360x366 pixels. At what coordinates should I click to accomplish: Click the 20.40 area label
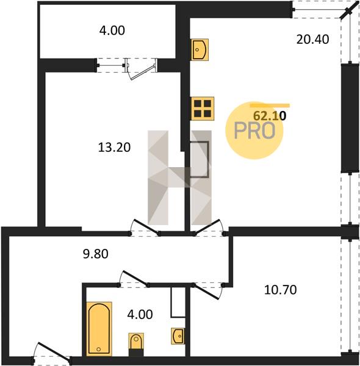312,39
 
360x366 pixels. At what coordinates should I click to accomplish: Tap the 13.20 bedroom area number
114,148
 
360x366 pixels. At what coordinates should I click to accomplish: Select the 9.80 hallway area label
95,254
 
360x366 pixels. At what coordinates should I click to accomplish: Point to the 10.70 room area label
281,290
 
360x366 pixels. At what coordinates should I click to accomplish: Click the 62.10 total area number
270,115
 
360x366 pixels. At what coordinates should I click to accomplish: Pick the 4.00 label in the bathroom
140,314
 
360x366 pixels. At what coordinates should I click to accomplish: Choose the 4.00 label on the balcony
112,30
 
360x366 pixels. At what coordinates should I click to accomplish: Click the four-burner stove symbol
203,109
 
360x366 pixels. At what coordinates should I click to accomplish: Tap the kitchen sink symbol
200,50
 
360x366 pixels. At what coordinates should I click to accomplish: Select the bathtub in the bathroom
99,329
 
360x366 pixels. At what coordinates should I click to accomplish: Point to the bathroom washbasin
178,336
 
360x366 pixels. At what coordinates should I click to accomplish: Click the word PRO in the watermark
254,131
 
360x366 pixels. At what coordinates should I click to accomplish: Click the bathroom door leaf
135,278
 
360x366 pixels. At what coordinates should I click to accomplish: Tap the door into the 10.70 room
206,292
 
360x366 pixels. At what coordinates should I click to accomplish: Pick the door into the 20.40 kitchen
207,226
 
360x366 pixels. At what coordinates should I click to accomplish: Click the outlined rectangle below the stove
199,159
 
